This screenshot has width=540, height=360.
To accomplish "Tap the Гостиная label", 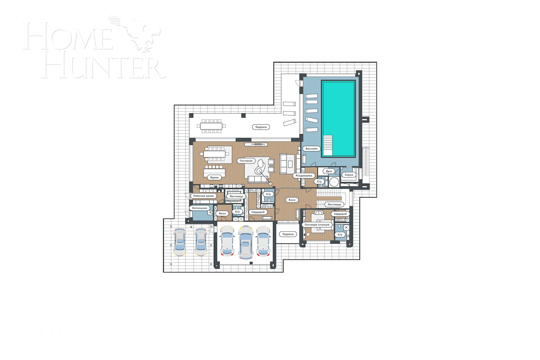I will click(246, 161).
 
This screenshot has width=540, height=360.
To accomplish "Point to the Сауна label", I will click(349, 175).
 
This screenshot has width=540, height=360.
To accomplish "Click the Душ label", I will click(328, 171).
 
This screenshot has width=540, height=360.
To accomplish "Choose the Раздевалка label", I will click(303, 175).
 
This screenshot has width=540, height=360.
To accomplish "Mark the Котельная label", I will click(199, 208).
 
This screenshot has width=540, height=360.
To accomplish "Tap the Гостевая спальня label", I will click(317, 225).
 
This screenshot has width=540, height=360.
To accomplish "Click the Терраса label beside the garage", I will click(287, 234).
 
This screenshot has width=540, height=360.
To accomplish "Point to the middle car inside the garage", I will click(245, 242).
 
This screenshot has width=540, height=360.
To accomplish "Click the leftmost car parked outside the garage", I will click(180, 242).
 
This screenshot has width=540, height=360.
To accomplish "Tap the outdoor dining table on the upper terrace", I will click(211, 126).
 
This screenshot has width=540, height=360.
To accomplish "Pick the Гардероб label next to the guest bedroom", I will click(341, 214).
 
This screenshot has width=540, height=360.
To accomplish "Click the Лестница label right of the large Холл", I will click(335, 204).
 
